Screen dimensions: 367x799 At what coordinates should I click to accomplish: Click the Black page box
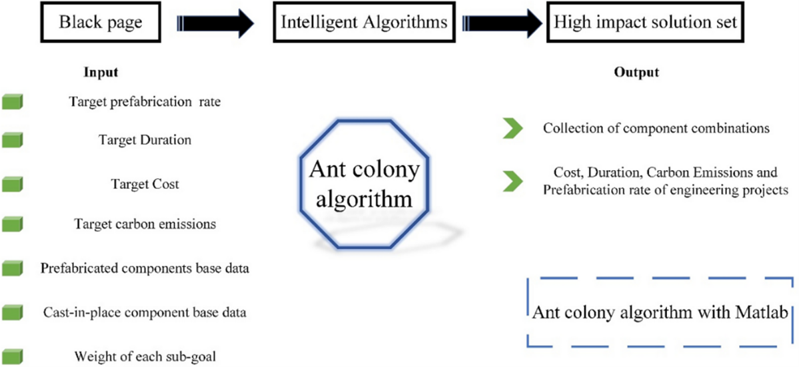click(x=100, y=23)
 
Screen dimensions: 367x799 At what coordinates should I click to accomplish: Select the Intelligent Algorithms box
click(x=363, y=23)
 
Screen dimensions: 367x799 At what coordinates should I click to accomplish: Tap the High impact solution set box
click(x=645, y=23)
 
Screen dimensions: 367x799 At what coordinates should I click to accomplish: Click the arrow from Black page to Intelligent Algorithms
click(x=217, y=23)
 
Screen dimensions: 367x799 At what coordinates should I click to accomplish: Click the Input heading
click(x=101, y=72)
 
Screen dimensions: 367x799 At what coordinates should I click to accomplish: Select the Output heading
click(x=636, y=72)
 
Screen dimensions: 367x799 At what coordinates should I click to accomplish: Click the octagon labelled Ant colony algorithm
click(x=364, y=183)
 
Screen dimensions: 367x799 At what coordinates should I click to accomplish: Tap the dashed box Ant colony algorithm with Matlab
click(x=657, y=312)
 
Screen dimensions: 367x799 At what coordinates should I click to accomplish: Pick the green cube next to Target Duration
click(x=12, y=140)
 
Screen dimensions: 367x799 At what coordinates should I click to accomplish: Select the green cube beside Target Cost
click(x=12, y=183)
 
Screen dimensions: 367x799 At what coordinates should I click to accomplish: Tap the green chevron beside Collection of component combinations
click(x=512, y=129)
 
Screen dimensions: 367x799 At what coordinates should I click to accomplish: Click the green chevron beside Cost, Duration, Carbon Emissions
click(x=512, y=180)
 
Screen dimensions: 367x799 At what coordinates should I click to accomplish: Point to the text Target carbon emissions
click(x=145, y=224)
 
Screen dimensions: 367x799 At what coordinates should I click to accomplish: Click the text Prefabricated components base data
click(x=145, y=268)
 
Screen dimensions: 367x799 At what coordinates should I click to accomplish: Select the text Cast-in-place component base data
click(x=145, y=312)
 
